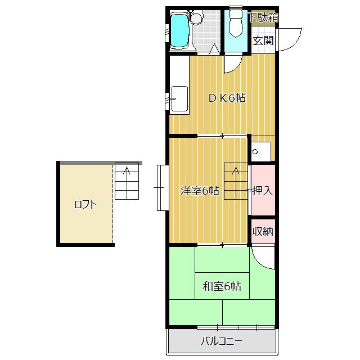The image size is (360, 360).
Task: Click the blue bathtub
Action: (x=180, y=30)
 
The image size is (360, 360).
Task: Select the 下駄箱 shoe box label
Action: (x=264, y=17)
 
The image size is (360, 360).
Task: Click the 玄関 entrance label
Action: (x=263, y=41)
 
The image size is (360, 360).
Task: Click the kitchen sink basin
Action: (x=179, y=99)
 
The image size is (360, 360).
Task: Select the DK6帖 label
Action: (x=227, y=98)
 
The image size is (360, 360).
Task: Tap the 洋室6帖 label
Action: (x=200, y=191)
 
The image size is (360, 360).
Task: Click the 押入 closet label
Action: (x=263, y=191)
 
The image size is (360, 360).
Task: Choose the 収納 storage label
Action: (x=263, y=231)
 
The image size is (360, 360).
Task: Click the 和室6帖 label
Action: (x=222, y=286)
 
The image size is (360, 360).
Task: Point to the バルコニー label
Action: (x=222, y=341)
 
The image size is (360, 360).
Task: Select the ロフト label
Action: (x=85, y=204)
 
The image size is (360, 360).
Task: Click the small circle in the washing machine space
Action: (x=255, y=151)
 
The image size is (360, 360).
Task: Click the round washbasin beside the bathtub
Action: (x=196, y=18)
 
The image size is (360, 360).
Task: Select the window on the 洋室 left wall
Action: (x=163, y=187)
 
